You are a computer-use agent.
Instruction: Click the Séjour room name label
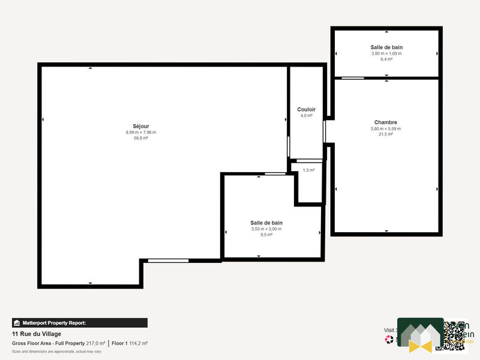[140, 126]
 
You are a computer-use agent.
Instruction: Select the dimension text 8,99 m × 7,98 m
[140, 132]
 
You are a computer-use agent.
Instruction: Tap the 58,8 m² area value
[140, 138]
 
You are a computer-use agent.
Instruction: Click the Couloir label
[306, 110]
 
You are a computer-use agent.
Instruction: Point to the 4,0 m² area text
[306, 116]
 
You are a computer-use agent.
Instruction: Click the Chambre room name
[385, 122]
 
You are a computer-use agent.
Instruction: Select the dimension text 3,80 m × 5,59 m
[385, 128]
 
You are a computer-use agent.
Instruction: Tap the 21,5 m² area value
[385, 134]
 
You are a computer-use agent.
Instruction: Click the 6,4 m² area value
[386, 59]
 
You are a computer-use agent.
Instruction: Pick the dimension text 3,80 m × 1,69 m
[386, 53]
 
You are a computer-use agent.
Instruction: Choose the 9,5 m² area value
[266, 235]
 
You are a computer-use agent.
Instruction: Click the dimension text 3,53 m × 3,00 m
[266, 229]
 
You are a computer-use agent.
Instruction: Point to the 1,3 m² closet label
[309, 170]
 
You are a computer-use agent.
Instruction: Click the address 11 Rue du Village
[37, 334]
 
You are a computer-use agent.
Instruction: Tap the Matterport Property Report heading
[54, 323]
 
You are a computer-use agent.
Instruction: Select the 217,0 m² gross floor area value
[95, 343]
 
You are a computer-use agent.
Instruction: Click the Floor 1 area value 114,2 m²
[138, 343]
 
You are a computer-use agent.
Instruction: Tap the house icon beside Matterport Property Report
[17, 323]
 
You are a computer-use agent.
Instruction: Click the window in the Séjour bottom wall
[168, 260]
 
